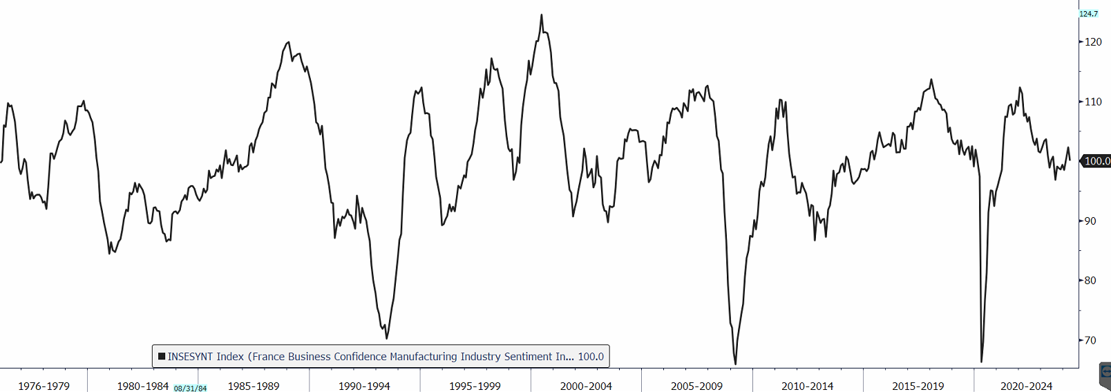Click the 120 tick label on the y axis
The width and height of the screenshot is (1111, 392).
coord(1093,42)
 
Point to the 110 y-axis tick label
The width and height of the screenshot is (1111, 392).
coord(1093,102)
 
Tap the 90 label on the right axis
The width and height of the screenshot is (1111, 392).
coord(1090,221)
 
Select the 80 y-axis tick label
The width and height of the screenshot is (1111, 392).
coord(1090,281)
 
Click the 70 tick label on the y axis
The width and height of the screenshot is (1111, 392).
coord(1090,340)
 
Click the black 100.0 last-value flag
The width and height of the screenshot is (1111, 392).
coord(1096,161)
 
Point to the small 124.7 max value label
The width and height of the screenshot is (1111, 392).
coord(1088,14)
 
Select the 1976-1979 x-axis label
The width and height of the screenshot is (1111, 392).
coord(44,386)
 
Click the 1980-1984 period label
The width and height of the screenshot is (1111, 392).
coord(142,386)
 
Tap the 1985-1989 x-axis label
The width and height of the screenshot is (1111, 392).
coord(254,386)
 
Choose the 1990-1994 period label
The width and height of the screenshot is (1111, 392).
coord(364,386)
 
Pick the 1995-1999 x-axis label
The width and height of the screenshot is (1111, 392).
coord(475,386)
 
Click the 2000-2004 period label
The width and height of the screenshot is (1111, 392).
coord(586,386)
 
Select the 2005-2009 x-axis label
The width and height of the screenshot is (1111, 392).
coord(696,386)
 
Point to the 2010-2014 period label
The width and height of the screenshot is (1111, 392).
coord(807,386)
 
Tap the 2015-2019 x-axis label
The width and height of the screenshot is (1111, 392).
coord(918,386)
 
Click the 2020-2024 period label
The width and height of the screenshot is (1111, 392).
coord(1026,386)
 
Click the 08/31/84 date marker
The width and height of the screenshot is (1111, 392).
coord(190,389)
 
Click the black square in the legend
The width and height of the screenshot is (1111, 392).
coord(162,357)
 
